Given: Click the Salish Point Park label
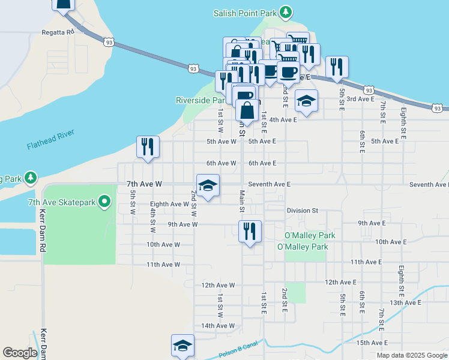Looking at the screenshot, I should coord(248,13).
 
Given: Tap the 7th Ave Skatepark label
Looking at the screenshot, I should coord(62,202).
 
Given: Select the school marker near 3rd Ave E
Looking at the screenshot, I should coord(306,102).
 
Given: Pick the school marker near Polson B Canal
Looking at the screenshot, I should coord(182,346).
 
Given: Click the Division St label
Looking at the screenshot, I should coord(302,211).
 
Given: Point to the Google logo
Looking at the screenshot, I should coord(20,353).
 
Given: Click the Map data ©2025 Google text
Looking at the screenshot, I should coord(412,355).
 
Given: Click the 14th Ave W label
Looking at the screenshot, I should coord(218,326).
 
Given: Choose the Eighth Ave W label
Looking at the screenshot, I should coord(170,204).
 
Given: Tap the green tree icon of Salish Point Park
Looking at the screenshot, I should coord(287,12).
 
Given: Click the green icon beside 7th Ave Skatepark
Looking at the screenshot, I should coord(105,202).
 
